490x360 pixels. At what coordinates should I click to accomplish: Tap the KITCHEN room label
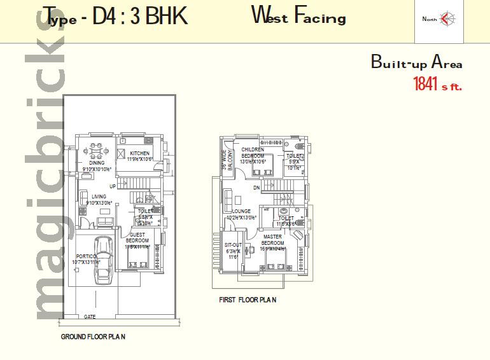click(139, 154)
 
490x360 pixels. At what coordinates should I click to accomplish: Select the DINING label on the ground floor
click(97, 163)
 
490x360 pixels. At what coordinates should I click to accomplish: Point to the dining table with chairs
click(96, 152)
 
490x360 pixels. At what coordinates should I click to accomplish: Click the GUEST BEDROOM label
click(137, 237)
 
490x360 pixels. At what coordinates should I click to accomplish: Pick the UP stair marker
click(112, 186)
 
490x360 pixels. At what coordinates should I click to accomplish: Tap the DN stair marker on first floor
click(256, 188)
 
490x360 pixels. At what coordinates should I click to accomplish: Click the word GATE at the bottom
click(90, 316)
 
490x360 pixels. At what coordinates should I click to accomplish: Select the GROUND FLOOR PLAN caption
click(93, 336)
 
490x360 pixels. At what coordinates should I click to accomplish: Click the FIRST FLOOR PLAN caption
click(248, 300)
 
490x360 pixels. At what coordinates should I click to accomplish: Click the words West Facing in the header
click(298, 15)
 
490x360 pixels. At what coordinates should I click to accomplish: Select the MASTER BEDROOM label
click(273, 240)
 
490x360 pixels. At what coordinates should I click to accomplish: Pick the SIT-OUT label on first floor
click(233, 244)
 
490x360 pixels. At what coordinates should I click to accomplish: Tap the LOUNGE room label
click(242, 211)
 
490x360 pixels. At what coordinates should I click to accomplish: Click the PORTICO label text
click(85, 256)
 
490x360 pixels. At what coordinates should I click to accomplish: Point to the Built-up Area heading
click(416, 62)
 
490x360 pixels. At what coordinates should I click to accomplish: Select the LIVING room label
click(99, 197)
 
